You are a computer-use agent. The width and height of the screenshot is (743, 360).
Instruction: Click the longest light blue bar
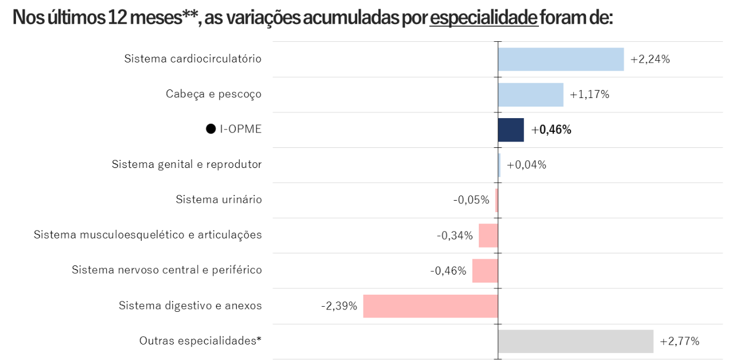[x=561, y=60]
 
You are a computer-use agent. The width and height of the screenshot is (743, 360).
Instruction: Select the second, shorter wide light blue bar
[x=531, y=95]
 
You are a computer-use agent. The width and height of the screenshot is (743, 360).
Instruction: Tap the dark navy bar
[x=511, y=130]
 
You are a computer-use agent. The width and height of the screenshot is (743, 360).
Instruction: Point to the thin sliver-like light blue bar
[x=500, y=165]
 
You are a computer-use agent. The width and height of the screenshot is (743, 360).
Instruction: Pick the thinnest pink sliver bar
[x=496, y=201]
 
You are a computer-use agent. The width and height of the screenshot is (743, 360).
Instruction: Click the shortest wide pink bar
[x=488, y=236]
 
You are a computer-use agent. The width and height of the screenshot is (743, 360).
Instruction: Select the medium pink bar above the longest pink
[x=484, y=271]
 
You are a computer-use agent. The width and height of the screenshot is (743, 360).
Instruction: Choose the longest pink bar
[x=430, y=306]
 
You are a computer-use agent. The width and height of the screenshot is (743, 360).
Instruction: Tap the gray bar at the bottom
[x=576, y=342]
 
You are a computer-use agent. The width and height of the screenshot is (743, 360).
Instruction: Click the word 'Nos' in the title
[x=26, y=18]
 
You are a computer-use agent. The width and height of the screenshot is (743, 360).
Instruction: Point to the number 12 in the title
[x=116, y=18]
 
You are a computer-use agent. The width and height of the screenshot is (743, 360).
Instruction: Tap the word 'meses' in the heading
[x=155, y=18]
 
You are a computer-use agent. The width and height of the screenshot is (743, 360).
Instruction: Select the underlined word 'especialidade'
[x=483, y=18]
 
